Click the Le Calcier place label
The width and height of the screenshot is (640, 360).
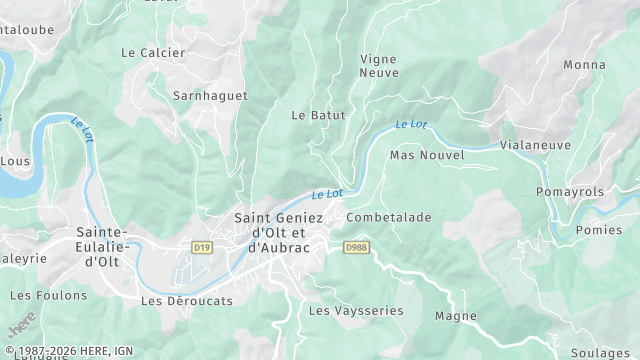[x=153, y=52]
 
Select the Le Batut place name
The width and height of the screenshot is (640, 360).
[x=318, y=115]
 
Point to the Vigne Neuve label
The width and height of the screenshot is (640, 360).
[x=379, y=66]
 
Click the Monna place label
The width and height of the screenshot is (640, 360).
[x=584, y=65]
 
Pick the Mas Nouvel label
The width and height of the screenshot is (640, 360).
[x=427, y=155]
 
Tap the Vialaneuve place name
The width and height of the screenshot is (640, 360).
[x=535, y=144]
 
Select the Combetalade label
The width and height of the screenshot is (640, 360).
[x=389, y=217]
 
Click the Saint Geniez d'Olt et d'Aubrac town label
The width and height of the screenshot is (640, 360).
[x=279, y=232]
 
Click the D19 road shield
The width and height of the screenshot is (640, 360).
[x=203, y=246]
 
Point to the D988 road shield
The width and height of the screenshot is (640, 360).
[x=355, y=246]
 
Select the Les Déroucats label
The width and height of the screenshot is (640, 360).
[x=187, y=300]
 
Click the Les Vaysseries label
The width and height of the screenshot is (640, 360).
[x=356, y=311]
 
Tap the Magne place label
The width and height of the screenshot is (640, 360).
[x=456, y=316]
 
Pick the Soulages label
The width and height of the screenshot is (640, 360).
[x=600, y=353]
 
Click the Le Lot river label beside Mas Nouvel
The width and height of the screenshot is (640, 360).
[x=410, y=125]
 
